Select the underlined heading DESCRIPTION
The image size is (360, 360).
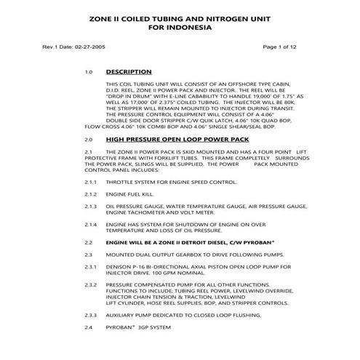pyautogui.click(x=129, y=72)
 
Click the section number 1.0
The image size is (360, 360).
pyautogui.click(x=89, y=73)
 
